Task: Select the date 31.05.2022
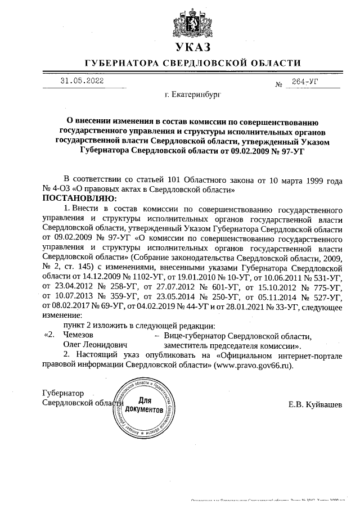pos(82,80)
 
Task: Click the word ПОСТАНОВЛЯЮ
pos(78,199)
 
